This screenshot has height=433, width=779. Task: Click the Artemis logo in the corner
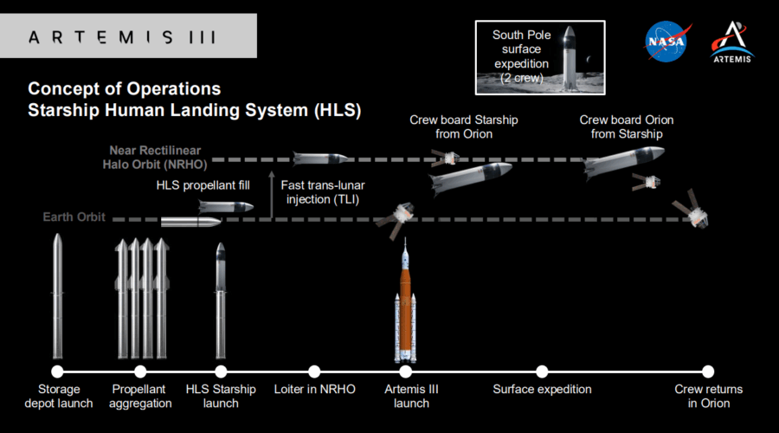pos(731,40)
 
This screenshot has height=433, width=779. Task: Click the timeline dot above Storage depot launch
pos(58,372)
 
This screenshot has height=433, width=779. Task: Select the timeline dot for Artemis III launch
pos(407,372)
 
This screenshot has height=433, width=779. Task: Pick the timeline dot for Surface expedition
pos(542,372)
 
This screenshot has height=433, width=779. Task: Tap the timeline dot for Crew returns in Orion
pos(708,372)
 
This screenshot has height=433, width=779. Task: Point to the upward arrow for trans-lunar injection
pos(272,194)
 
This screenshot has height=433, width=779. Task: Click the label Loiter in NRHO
pos(314,390)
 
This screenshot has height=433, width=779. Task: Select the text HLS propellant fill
pos(203,184)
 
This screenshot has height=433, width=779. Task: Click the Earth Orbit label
pos(74,217)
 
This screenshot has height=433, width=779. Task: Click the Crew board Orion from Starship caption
pos(626,126)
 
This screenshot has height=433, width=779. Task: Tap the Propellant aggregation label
pos(140,397)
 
